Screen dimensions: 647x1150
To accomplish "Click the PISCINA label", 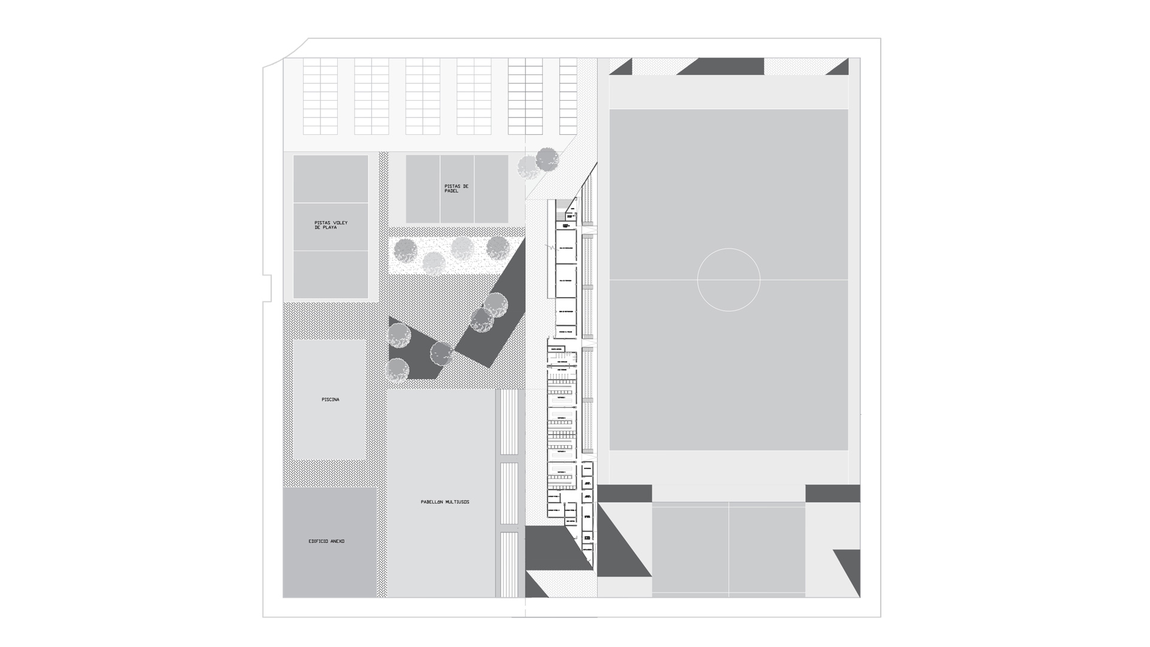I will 330,400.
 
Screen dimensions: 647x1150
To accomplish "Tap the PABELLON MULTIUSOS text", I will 445,502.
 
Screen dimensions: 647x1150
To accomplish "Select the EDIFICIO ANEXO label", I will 326,542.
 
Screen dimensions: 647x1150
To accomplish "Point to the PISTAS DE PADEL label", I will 456,189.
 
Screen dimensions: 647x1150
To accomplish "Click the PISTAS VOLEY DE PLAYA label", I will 331,225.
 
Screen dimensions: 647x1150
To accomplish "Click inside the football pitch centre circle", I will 728,280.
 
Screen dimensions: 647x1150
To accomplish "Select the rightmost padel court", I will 491,189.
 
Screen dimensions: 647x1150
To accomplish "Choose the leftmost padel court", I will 423,189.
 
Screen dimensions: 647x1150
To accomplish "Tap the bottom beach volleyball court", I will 331,274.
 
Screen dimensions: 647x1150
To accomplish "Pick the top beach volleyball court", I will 331,179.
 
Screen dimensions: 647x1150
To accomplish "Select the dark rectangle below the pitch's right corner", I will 833,493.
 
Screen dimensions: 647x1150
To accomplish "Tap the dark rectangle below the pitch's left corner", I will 625,493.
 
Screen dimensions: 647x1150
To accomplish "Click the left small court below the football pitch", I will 690,549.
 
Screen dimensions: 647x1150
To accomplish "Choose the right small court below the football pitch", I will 767,549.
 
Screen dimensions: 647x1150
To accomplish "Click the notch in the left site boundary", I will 268,288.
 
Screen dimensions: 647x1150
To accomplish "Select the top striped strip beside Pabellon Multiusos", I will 509,422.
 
